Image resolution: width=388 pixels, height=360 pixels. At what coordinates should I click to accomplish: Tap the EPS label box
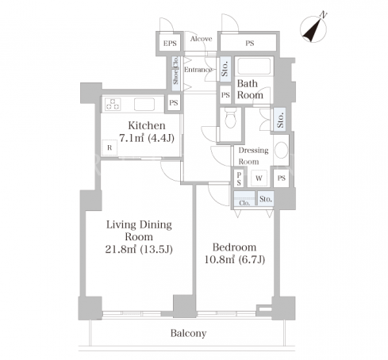tap(170, 43)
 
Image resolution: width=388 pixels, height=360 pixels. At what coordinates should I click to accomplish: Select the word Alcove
tap(202, 39)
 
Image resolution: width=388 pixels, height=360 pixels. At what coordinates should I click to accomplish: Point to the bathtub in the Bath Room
tap(254, 67)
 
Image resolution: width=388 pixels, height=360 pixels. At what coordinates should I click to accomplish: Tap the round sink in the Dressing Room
tap(281, 150)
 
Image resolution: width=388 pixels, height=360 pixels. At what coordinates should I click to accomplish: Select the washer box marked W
tap(259, 178)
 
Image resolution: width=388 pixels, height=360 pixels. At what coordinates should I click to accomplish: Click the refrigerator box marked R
tap(109, 147)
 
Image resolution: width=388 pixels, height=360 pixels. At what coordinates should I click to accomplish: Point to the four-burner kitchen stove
tap(113, 104)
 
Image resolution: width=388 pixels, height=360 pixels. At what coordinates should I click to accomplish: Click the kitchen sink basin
tap(144, 104)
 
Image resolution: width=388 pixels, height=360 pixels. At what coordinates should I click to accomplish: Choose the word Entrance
tap(198, 70)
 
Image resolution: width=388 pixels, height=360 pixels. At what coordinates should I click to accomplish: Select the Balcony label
tap(188, 333)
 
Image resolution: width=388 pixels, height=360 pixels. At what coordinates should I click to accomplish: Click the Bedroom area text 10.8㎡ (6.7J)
tap(235, 260)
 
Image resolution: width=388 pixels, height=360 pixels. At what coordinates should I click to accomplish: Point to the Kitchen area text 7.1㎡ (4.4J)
tap(147, 138)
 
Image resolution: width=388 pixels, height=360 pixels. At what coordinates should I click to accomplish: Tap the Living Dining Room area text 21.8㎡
tap(121, 249)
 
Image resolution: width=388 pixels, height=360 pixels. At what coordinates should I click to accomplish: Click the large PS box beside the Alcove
tap(249, 43)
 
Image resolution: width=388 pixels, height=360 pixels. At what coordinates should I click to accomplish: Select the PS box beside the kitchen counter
tap(174, 102)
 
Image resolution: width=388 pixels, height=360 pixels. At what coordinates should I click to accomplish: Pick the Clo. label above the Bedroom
tap(244, 203)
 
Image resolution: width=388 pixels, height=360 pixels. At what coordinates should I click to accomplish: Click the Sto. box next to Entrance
tap(225, 69)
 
